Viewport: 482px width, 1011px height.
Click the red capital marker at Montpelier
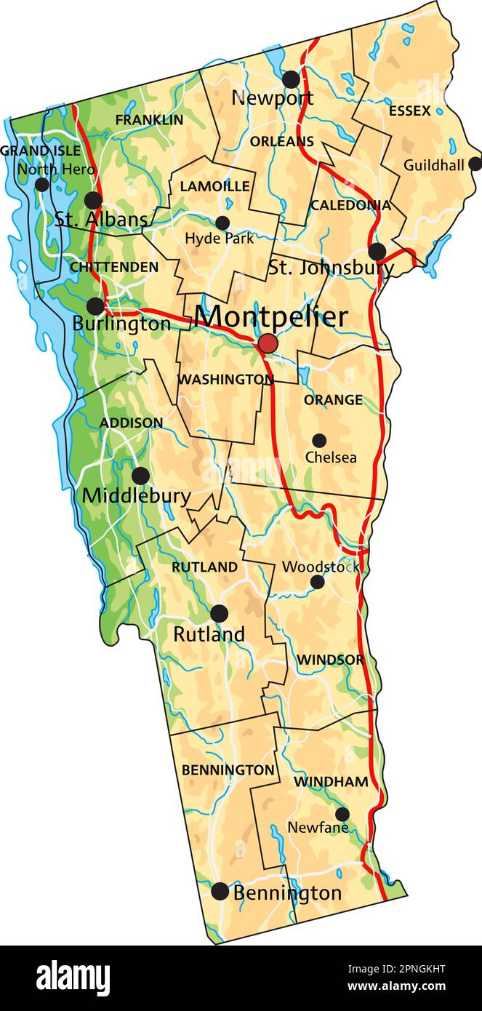[268, 343]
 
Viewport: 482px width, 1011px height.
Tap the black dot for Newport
[291, 79]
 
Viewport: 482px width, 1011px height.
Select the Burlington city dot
[95, 306]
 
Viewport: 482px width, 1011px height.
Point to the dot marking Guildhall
[475, 164]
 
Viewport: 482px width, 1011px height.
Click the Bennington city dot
[220, 891]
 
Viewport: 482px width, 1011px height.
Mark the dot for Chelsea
[319, 440]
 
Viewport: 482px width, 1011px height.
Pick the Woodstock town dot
[317, 582]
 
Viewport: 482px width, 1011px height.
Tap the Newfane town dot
[342, 814]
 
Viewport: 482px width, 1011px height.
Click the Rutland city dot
[219, 613]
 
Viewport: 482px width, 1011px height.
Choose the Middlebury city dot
[140, 476]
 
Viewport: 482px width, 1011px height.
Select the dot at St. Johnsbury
[377, 252]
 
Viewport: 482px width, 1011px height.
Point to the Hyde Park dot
[222, 223]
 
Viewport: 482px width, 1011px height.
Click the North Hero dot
[42, 184]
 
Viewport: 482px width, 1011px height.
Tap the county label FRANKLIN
[149, 120]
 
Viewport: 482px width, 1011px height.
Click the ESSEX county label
[409, 111]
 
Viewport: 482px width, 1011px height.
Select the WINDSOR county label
[330, 660]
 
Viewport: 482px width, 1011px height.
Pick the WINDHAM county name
[331, 782]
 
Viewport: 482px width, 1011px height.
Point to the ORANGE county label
[333, 400]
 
